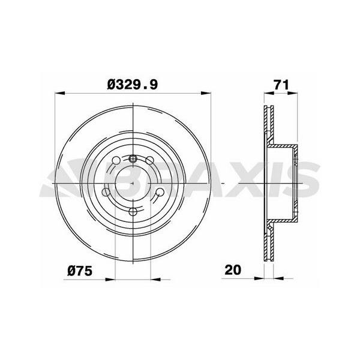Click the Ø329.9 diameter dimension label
pos(133,85)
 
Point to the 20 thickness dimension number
pos(233,270)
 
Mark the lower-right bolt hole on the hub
pos(160,193)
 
